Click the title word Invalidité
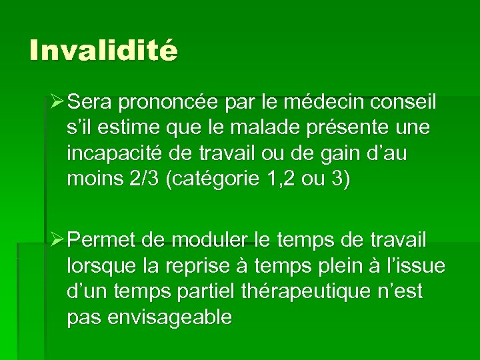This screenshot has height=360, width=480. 103,51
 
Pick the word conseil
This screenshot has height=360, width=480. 404,103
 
